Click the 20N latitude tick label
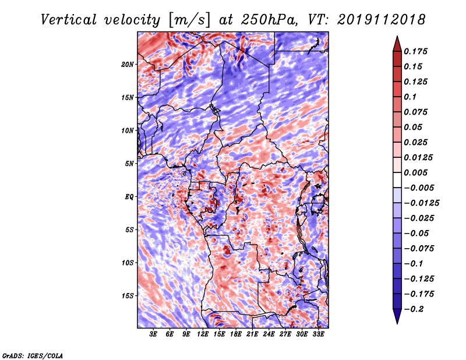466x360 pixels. point(128,64)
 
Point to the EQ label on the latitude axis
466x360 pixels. point(129,197)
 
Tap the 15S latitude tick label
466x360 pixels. point(128,296)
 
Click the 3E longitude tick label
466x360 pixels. point(154,334)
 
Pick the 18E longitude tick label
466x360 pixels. point(236,334)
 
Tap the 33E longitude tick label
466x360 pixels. point(318,334)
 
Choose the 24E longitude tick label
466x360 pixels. point(269,334)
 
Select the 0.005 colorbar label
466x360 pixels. point(417,172)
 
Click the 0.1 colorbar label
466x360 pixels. point(411,97)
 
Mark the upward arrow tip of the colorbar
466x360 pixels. point(396,38)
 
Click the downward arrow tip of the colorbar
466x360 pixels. point(396,322)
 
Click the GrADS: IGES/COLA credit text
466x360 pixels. point(32,355)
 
